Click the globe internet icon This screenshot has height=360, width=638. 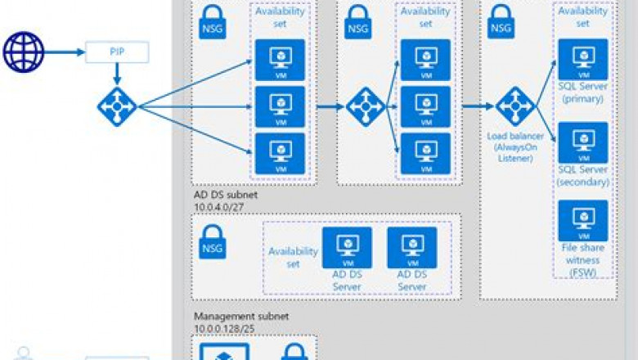click(23, 52)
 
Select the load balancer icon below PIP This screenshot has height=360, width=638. click(117, 106)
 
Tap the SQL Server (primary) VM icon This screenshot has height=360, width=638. click(582, 59)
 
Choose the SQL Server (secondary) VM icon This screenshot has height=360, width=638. click(582, 142)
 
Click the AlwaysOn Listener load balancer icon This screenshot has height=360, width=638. click(515, 106)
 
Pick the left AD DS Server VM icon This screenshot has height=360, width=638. click(347, 248)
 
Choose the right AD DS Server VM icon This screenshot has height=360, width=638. click(411, 248)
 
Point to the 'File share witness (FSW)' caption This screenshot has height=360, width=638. click(583, 259)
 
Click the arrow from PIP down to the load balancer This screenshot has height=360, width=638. click(117, 73)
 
